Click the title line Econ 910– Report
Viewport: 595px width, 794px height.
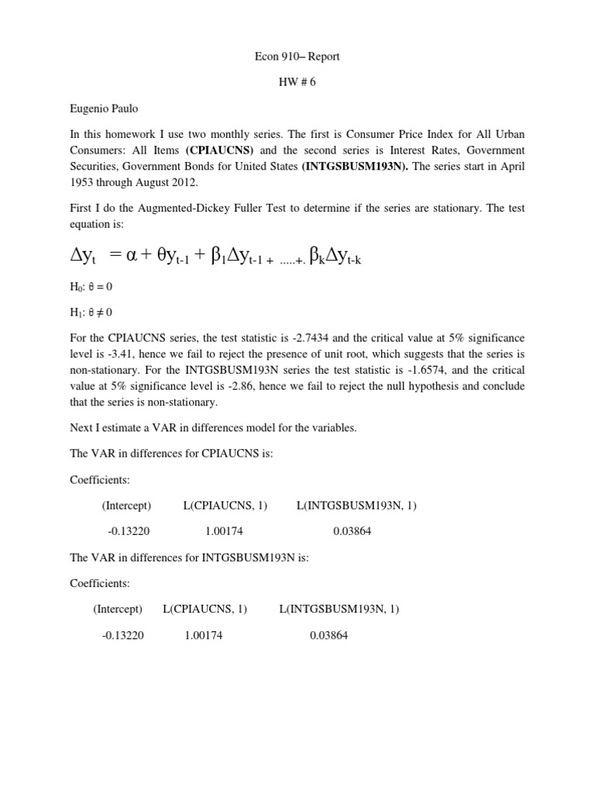click(297, 57)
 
